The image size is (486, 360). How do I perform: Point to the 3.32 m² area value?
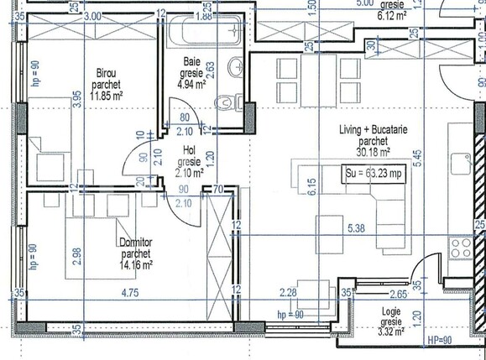click(x=391, y=331)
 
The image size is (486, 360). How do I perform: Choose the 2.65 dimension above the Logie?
click(x=375, y=294)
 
